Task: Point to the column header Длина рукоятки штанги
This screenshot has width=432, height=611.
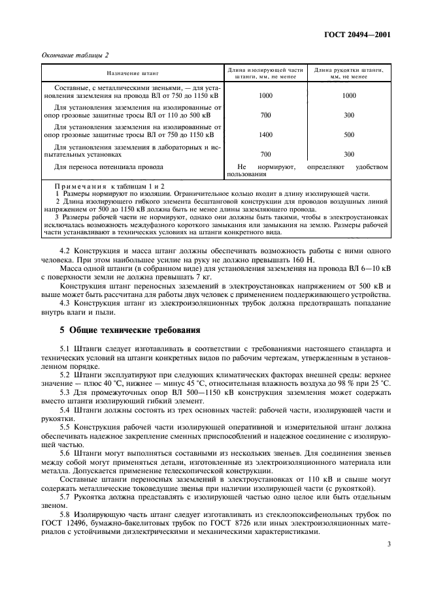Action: [x=349, y=71]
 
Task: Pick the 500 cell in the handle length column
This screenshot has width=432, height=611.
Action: [x=349, y=135]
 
